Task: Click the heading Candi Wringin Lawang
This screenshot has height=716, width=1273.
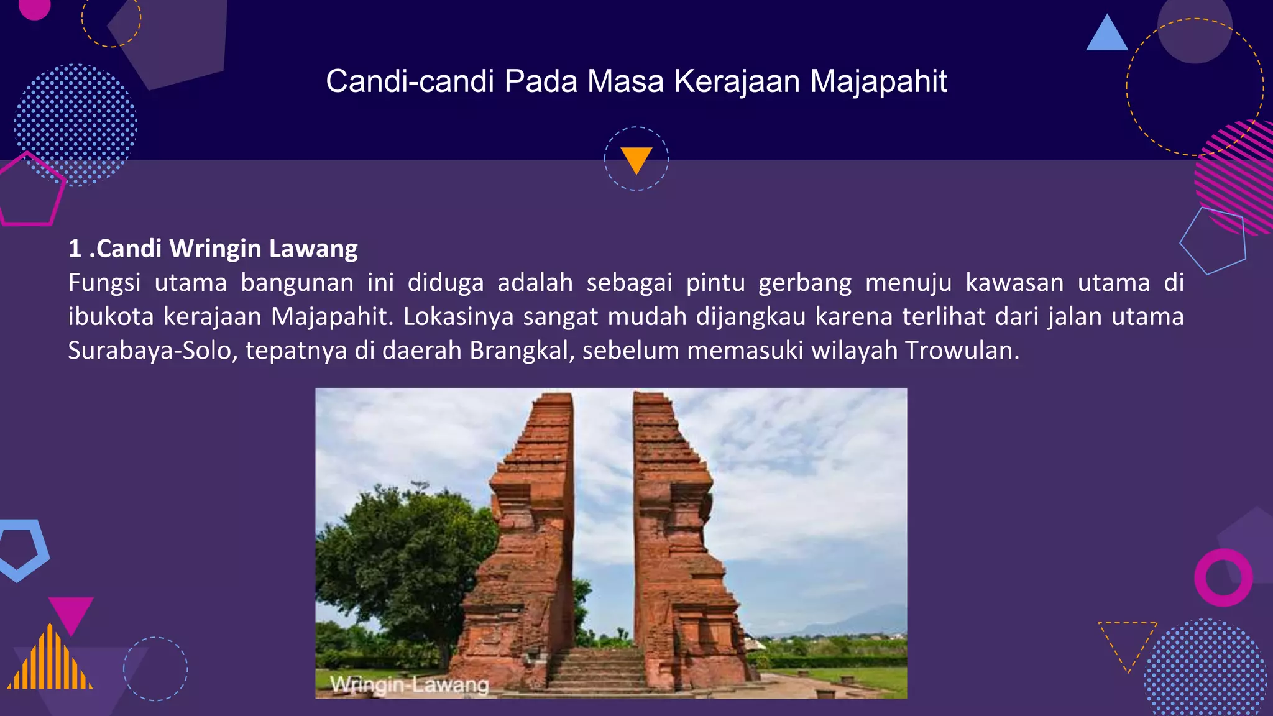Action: click(213, 249)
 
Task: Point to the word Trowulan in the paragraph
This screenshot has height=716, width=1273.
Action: click(961, 351)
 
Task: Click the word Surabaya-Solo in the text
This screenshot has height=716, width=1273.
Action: click(153, 351)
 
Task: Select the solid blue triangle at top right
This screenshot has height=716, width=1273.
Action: click(1106, 34)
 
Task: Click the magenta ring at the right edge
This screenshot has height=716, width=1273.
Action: click(1223, 577)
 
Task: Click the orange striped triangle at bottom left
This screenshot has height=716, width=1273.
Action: click(50, 662)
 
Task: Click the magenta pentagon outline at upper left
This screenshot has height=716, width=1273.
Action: click(30, 190)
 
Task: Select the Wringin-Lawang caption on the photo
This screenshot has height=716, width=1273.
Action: click(410, 684)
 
